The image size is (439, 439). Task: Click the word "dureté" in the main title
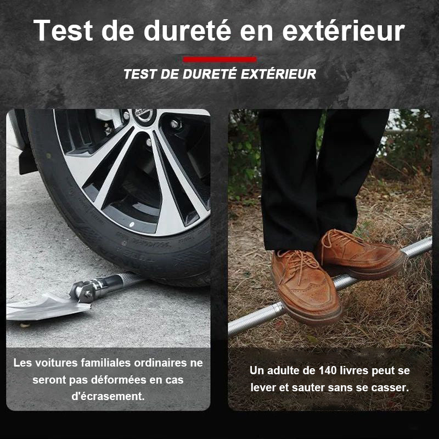(x=187, y=30)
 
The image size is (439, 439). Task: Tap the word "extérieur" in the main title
(x=344, y=30)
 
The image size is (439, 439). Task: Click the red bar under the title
(x=220, y=59)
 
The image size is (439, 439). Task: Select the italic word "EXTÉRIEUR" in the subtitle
(x=278, y=74)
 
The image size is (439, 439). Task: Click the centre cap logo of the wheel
(x=144, y=114)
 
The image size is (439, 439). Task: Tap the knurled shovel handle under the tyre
(x=129, y=279)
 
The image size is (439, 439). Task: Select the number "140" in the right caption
(x=328, y=370)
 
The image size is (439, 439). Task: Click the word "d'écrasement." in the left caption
(x=108, y=396)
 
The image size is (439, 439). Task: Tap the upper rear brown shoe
(x=361, y=254)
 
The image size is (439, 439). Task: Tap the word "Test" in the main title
(x=63, y=30)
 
